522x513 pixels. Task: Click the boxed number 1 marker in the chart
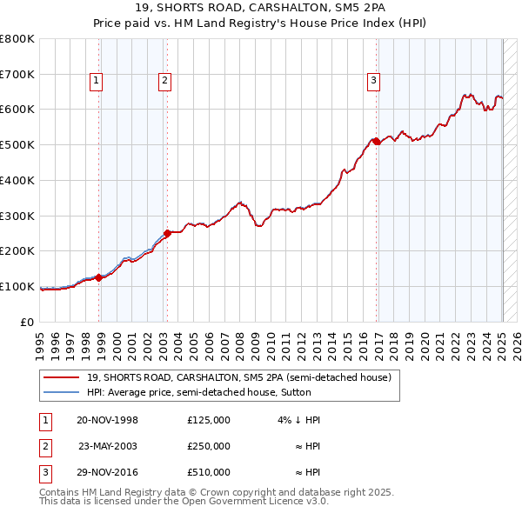[96, 82]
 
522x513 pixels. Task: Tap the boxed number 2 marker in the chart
[164, 82]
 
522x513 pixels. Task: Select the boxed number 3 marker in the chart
[372, 82]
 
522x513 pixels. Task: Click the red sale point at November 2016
[376, 141]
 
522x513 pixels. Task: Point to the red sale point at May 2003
[167, 232]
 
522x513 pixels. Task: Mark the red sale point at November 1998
[98, 277]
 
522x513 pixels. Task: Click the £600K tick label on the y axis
[17, 110]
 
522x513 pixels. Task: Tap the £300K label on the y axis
[17, 216]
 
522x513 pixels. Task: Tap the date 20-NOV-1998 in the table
[107, 420]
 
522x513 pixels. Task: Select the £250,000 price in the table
[208, 446]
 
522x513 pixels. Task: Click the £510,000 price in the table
[208, 472]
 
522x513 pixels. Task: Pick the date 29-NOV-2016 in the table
[107, 472]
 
